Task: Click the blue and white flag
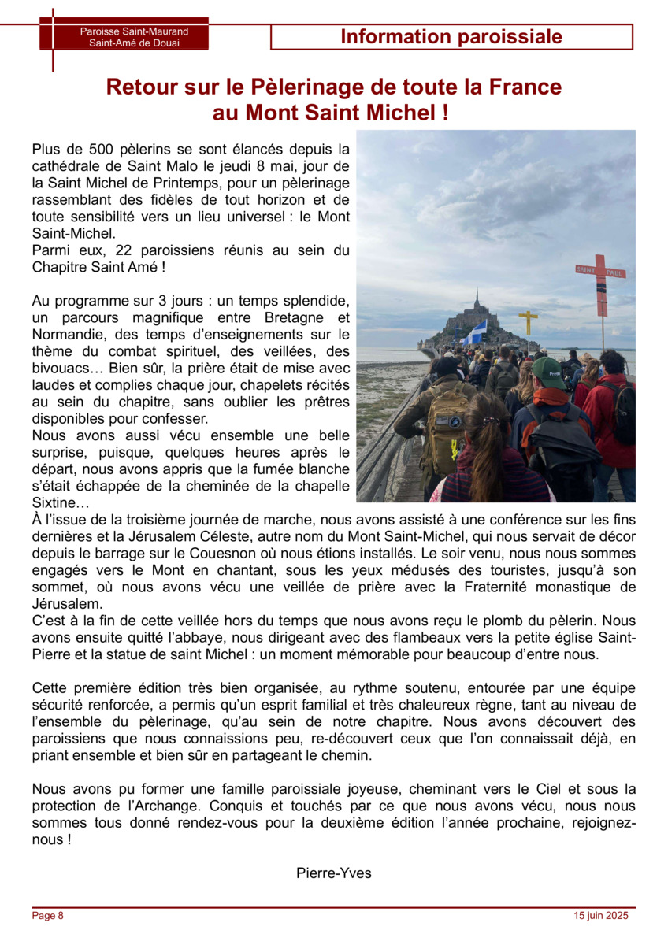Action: pyautogui.click(x=475, y=332)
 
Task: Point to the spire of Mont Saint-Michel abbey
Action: pyautogui.click(x=476, y=299)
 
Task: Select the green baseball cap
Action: pyautogui.click(x=548, y=371)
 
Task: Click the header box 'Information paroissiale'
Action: pyautogui.click(x=451, y=37)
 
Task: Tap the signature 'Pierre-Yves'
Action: pyautogui.click(x=334, y=873)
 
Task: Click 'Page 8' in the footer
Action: pyautogui.click(x=47, y=915)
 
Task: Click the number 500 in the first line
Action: pyautogui.click(x=98, y=149)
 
